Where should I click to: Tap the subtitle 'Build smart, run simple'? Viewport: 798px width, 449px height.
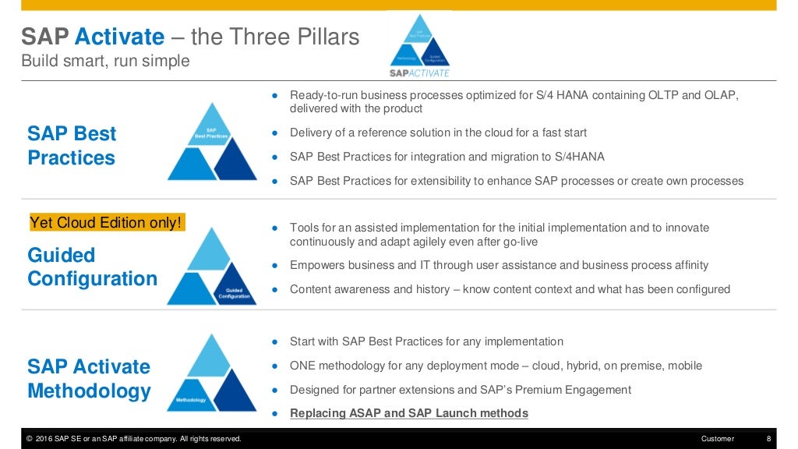click(104, 61)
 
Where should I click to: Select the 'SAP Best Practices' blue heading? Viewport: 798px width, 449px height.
click(72, 146)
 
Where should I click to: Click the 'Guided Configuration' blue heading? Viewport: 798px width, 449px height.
click(92, 267)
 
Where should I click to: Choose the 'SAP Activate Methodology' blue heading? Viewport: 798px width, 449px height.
click(89, 378)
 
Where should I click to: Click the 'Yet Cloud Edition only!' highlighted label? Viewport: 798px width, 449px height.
click(105, 223)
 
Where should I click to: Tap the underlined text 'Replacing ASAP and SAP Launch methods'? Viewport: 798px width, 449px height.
click(408, 413)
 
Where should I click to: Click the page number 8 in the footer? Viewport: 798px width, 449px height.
click(768, 439)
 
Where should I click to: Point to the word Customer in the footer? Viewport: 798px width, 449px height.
click(717, 439)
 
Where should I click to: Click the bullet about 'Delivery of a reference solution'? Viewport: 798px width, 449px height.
click(438, 133)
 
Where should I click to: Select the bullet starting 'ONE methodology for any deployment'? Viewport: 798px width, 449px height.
click(496, 366)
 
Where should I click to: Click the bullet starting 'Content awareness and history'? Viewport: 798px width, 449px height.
click(510, 289)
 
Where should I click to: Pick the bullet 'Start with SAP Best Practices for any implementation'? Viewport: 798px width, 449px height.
click(426, 341)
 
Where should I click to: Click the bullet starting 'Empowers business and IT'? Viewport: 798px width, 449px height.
click(499, 265)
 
